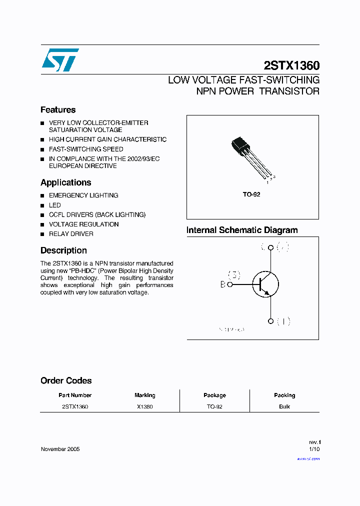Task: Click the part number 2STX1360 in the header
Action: click(291, 65)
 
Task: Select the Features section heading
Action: click(58, 110)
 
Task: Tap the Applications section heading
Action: click(66, 182)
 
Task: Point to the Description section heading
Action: click(63, 250)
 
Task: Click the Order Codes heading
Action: click(66, 380)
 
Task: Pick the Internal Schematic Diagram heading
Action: click(242, 230)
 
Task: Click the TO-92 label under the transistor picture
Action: click(251, 194)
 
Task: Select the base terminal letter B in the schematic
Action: click(223, 284)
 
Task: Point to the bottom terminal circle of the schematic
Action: click(270, 321)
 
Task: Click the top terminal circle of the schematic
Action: click(270, 247)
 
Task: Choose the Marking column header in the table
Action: click(145, 395)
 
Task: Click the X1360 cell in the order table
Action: click(145, 406)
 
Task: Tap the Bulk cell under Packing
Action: click(284, 406)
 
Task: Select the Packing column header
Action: click(284, 395)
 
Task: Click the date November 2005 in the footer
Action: click(60, 449)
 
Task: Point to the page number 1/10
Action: click(314, 449)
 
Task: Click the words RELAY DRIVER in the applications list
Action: click(71, 234)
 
